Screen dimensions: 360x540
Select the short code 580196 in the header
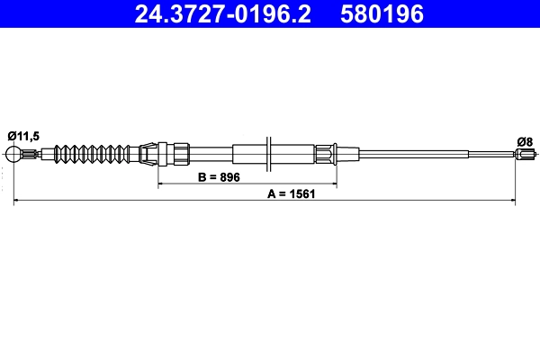point(380,13)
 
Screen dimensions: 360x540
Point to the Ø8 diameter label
point(524,140)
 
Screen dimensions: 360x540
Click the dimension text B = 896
point(219,177)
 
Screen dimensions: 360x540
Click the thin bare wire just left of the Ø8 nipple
point(493,154)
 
